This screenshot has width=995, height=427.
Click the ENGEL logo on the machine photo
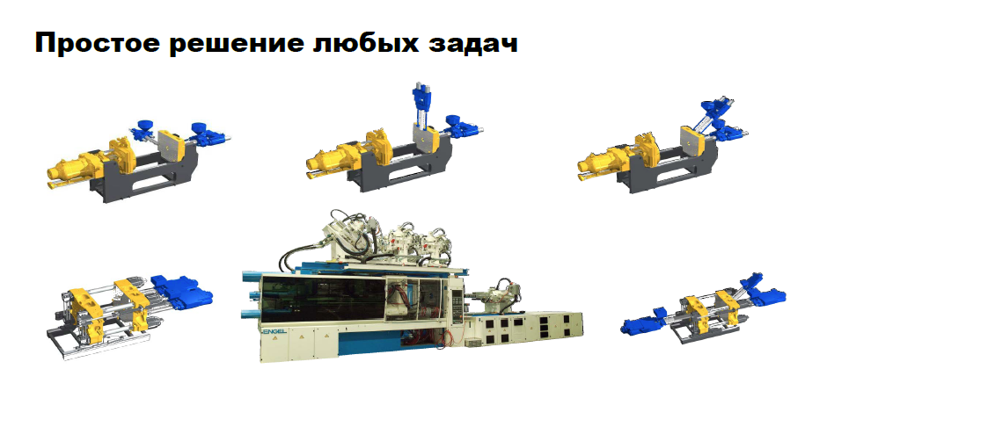[x=274, y=330]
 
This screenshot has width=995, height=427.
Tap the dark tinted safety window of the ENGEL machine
[x=324, y=299]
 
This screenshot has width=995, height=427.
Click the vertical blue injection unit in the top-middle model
[x=421, y=102]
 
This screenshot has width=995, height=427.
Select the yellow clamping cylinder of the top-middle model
[x=329, y=160]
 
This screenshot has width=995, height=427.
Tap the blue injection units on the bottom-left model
[x=181, y=293]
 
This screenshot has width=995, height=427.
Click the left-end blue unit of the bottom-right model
[x=643, y=322]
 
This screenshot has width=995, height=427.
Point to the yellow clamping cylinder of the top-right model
[x=601, y=163]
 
